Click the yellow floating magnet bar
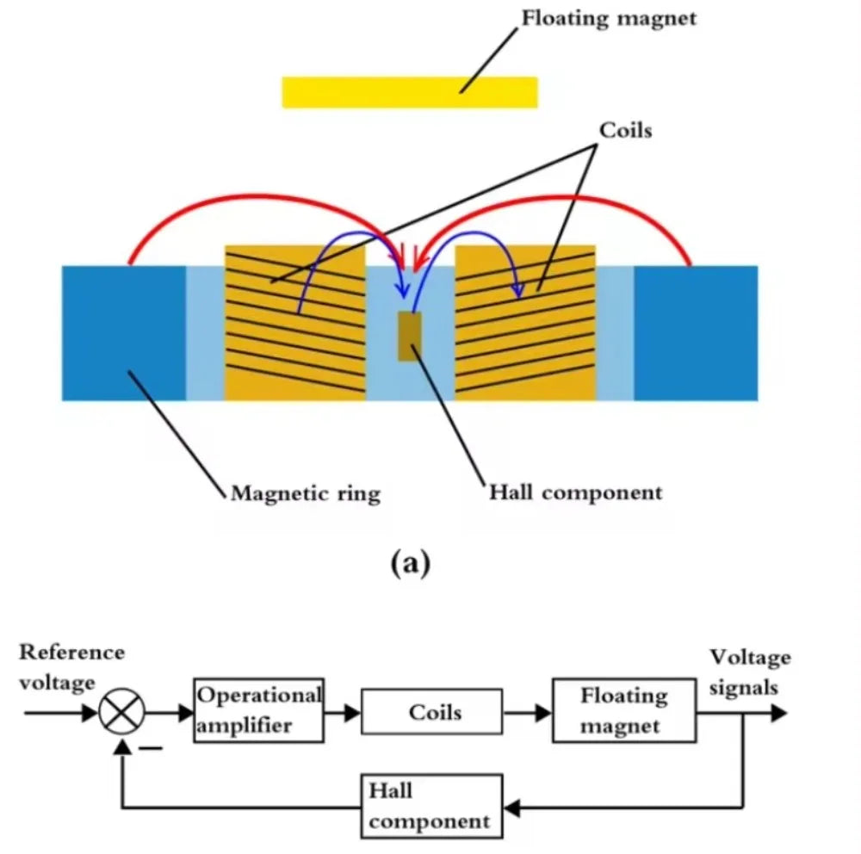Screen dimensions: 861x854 [x=410, y=92]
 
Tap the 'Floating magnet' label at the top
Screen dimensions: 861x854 [x=609, y=18]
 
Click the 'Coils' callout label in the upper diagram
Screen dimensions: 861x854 [x=625, y=130]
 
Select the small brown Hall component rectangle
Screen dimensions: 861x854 [x=410, y=336]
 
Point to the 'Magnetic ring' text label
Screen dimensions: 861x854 [x=306, y=493]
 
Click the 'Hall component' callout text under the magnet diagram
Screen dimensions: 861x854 [x=575, y=492]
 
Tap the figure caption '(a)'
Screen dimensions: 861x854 [x=410, y=563]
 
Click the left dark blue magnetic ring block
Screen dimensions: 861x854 [x=123, y=333]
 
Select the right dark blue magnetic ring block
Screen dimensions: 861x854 [x=696, y=333]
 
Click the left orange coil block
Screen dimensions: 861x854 [x=295, y=323]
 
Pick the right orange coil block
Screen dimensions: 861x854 [x=525, y=323]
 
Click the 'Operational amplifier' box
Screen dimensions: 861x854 [x=258, y=710]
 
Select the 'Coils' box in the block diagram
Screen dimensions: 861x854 [x=431, y=711]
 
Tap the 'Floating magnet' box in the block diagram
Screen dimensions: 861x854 [x=624, y=710]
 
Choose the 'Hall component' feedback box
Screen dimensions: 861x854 [x=431, y=806]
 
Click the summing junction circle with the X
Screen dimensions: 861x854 [x=122, y=712]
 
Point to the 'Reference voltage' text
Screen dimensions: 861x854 [x=72, y=667]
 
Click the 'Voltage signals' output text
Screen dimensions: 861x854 [x=750, y=671]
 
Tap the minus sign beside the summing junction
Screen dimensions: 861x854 [x=151, y=748]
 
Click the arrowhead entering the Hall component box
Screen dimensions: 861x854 [x=511, y=808]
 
